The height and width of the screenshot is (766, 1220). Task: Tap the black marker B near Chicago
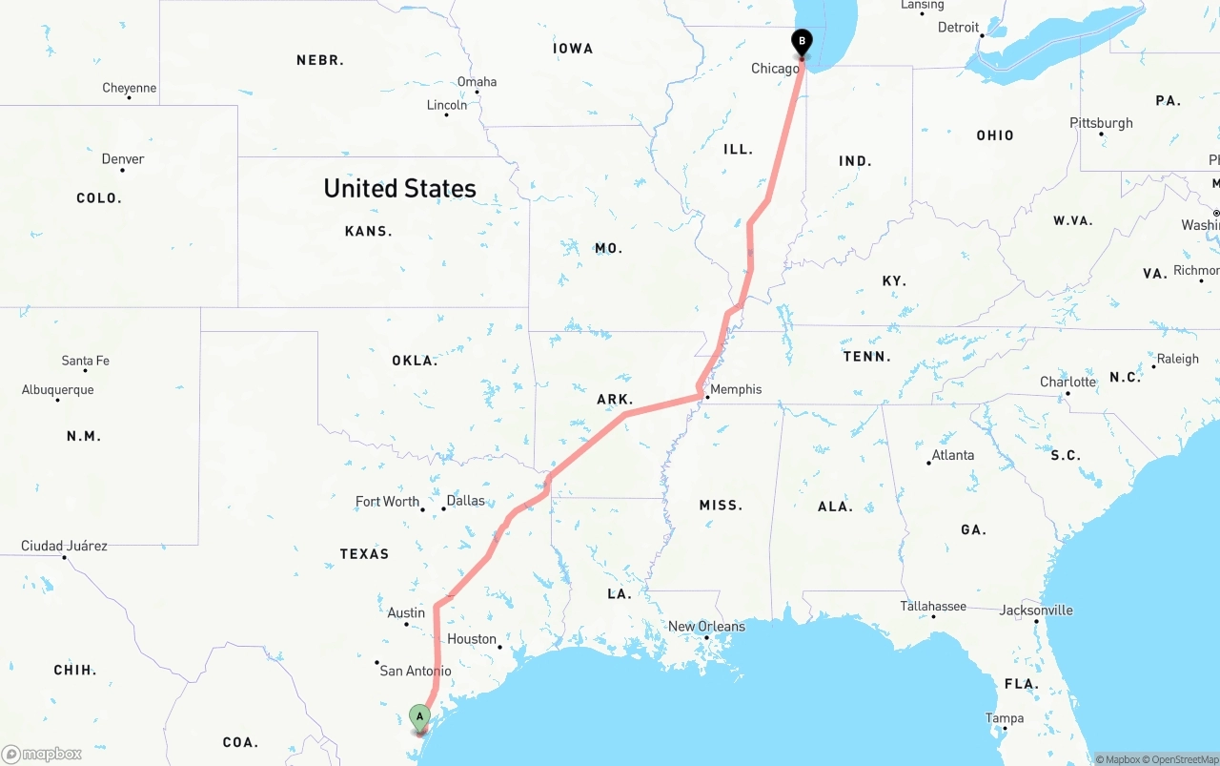pyautogui.click(x=802, y=42)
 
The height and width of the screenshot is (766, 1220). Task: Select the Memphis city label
pyautogui.click(x=736, y=389)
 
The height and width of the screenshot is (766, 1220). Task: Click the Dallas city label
pyautogui.click(x=465, y=501)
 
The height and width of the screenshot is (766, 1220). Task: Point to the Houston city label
pyautogui.click(x=472, y=639)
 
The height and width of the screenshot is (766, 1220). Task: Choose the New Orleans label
pyautogui.click(x=706, y=627)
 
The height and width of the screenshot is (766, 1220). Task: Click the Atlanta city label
pyautogui.click(x=953, y=455)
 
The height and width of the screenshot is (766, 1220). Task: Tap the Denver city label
pyautogui.click(x=123, y=159)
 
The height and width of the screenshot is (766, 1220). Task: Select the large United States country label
pyautogui.click(x=399, y=188)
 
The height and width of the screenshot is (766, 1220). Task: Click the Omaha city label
pyautogui.click(x=477, y=82)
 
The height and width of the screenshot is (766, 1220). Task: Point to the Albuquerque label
pyautogui.click(x=58, y=390)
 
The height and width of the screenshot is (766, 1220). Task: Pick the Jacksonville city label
pyautogui.click(x=1036, y=611)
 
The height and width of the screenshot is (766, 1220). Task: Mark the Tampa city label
pyautogui.click(x=1005, y=718)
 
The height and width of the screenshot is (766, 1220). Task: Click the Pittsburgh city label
pyautogui.click(x=1101, y=123)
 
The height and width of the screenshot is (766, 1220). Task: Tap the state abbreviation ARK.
pyautogui.click(x=615, y=400)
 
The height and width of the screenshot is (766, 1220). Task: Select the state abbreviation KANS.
pyautogui.click(x=369, y=231)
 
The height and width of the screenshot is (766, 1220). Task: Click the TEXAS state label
pyautogui.click(x=364, y=554)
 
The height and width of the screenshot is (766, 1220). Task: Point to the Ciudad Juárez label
pyautogui.click(x=64, y=547)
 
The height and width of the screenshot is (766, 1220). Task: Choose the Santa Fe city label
pyautogui.click(x=85, y=361)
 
